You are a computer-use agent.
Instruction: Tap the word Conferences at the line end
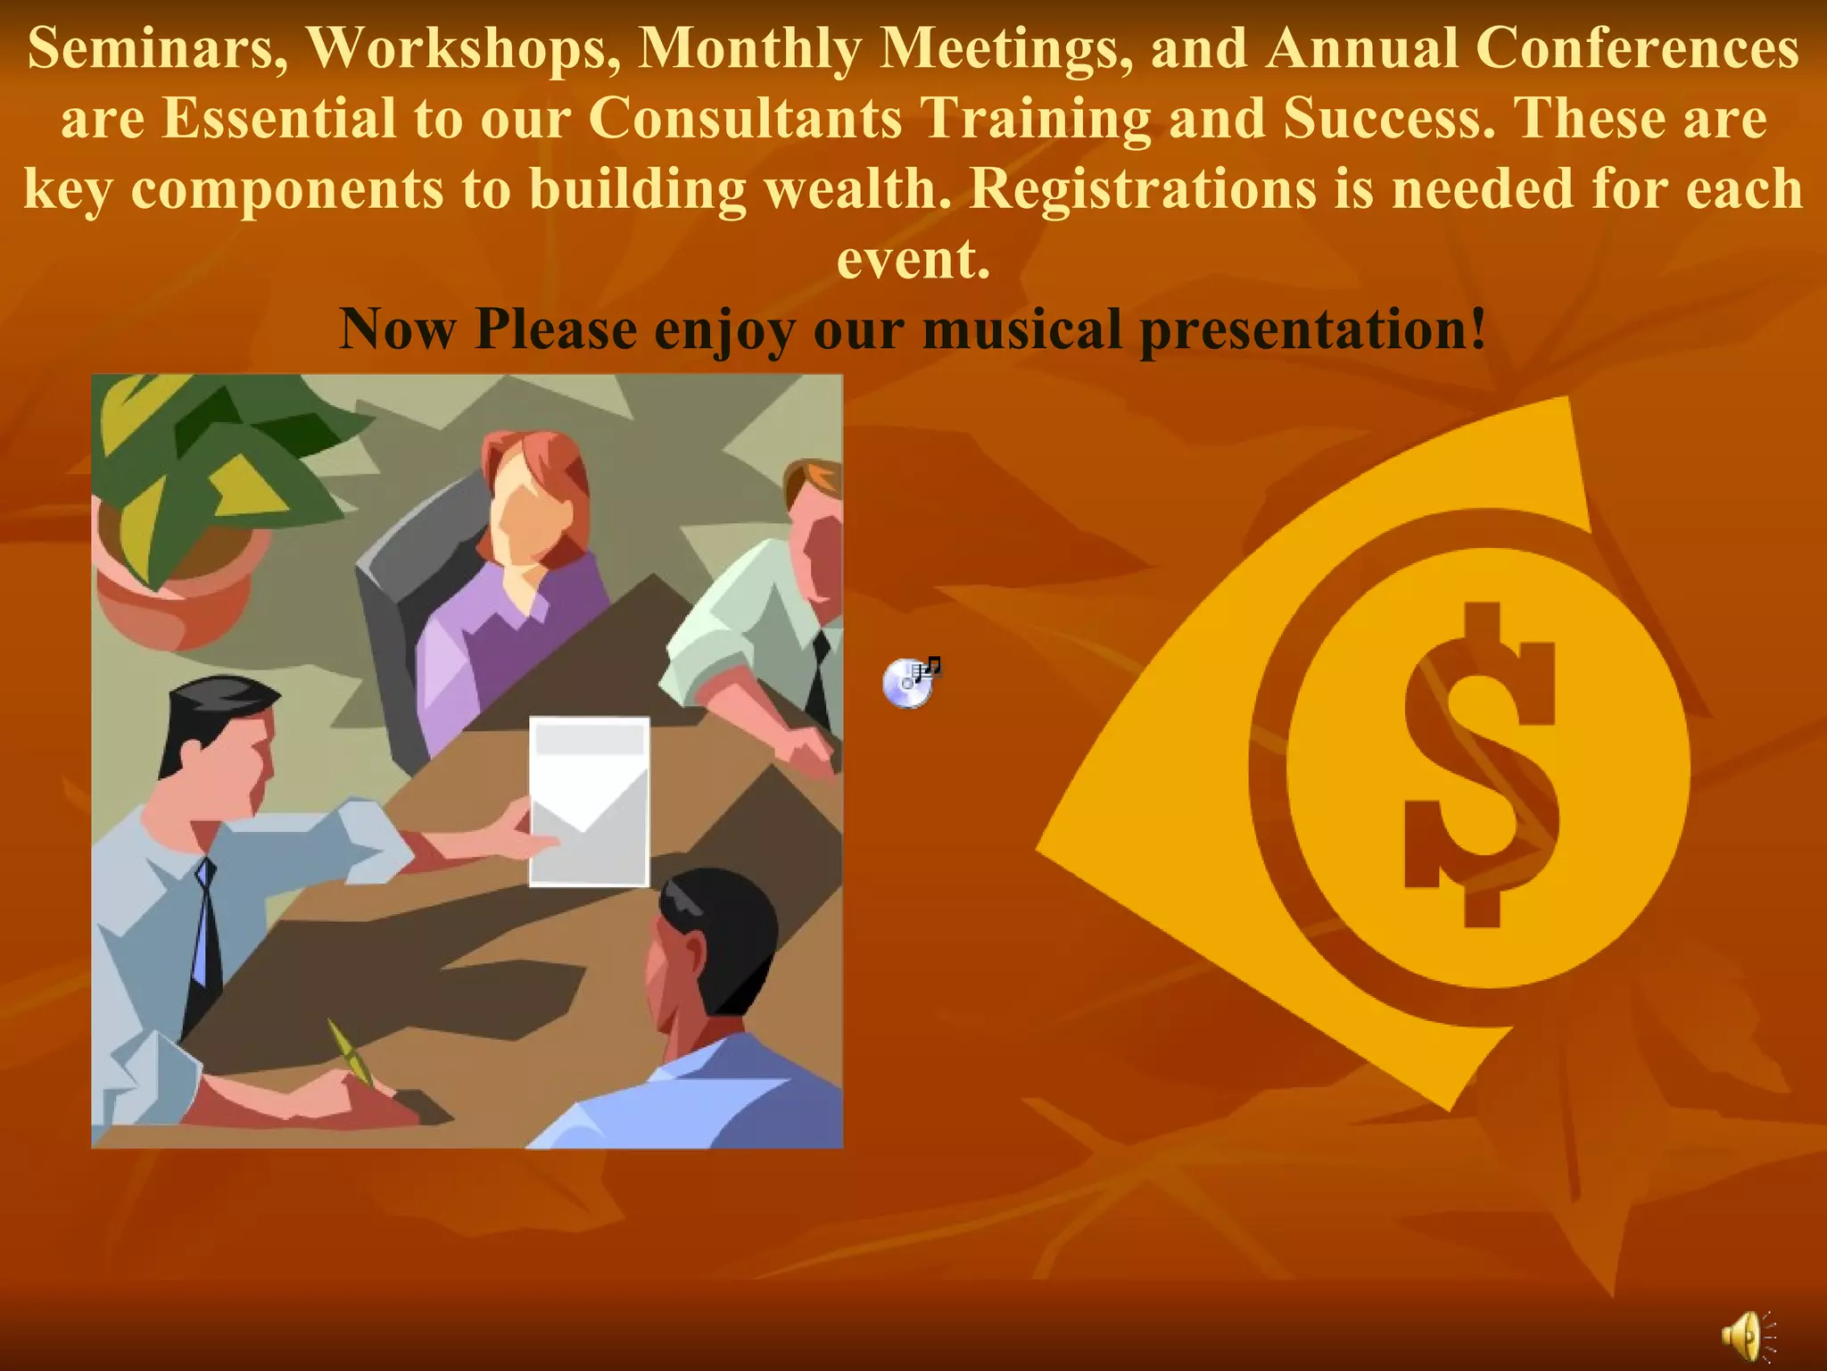pos(1637,49)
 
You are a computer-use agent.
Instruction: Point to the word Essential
pos(279,119)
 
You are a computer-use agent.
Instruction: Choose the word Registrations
pos(1143,190)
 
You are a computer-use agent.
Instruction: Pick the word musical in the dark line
pos(1022,329)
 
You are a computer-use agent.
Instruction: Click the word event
pos(913,260)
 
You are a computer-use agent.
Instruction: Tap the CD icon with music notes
pos(910,683)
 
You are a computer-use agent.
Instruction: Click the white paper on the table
pos(589,801)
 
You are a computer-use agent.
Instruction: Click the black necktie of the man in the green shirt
pos(819,678)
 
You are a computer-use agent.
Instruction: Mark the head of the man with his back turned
pos(714,937)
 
